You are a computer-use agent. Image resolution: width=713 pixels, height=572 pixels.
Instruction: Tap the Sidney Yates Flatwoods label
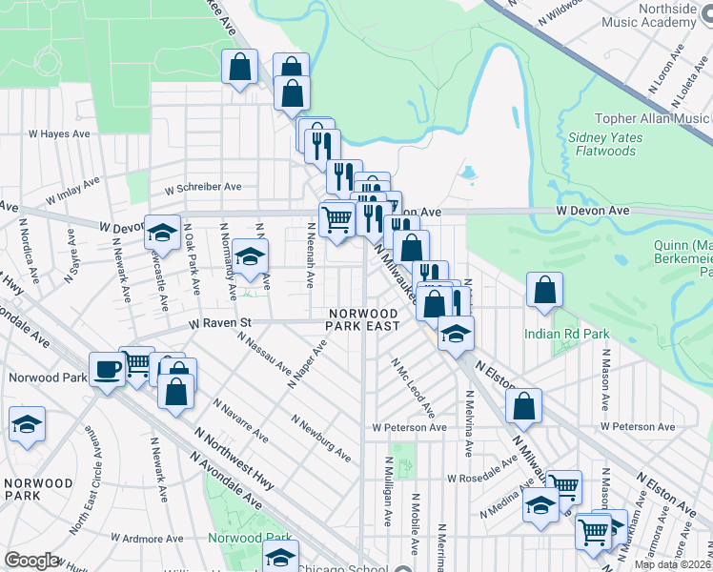point(606,144)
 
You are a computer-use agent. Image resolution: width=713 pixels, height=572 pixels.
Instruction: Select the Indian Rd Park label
point(565,335)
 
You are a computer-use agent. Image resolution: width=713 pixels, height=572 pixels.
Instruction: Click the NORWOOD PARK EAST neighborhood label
point(363,319)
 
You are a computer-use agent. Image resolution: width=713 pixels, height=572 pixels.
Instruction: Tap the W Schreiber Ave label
point(202,188)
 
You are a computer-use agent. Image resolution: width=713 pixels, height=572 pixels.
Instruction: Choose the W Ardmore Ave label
point(148,538)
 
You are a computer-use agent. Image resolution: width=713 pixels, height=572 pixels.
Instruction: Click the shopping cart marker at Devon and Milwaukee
point(336,218)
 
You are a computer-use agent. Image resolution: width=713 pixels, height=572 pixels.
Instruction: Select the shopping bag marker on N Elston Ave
point(523,404)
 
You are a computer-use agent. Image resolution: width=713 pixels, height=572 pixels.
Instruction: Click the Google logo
point(31,561)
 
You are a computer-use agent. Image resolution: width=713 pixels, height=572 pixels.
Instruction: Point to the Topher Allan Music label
point(653,119)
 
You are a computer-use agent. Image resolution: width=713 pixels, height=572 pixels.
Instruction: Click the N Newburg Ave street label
point(321,439)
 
